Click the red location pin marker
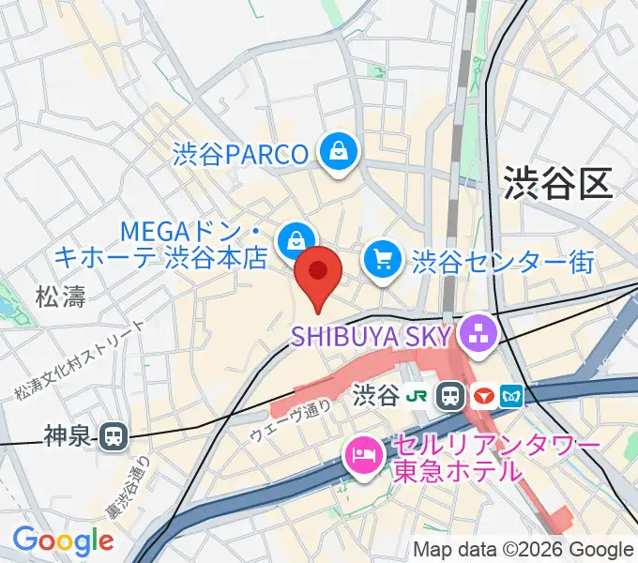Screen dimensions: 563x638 click(x=318, y=273)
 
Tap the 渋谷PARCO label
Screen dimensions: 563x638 click(x=240, y=153)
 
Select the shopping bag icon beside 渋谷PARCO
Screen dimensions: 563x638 click(x=337, y=150)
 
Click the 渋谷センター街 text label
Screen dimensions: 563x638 click(x=503, y=259)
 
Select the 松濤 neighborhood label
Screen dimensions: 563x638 click(x=60, y=298)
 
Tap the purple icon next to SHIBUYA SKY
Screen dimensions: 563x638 click(x=478, y=333)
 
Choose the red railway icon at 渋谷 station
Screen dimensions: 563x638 click(x=484, y=395)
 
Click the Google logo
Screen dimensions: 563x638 click(x=63, y=540)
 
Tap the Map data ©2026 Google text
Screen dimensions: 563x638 click(x=524, y=549)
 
